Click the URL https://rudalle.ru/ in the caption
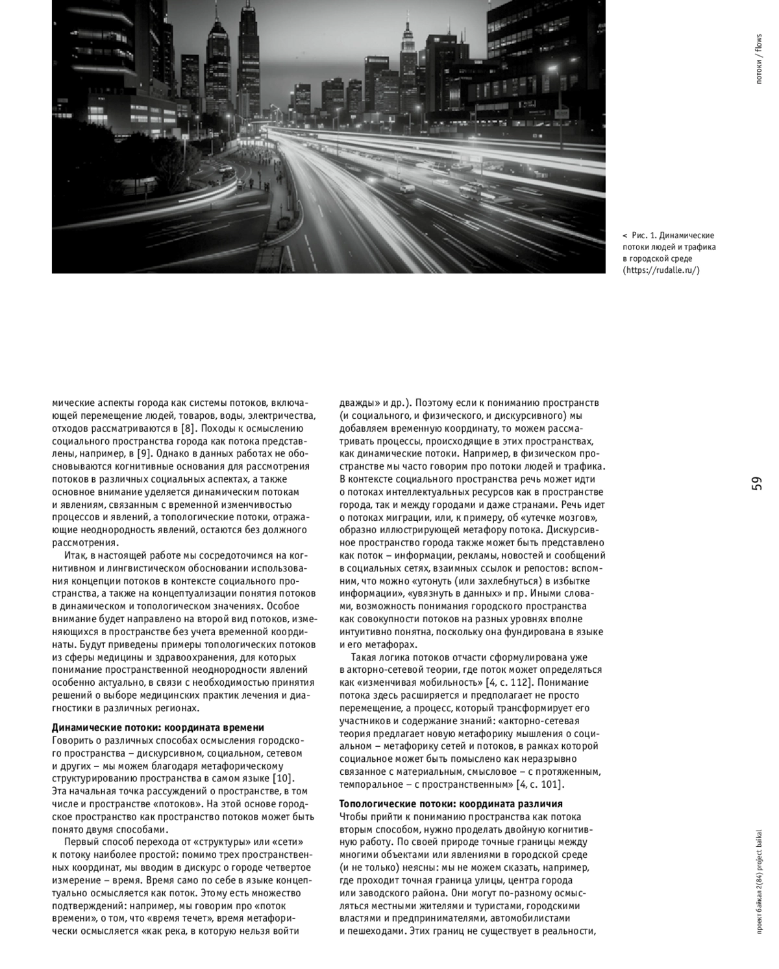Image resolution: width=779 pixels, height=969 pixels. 662,270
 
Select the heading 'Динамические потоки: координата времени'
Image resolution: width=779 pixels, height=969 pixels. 158,727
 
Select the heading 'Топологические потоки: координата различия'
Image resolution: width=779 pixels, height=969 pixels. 451,803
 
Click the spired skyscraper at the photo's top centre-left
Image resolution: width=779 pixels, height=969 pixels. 249,45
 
